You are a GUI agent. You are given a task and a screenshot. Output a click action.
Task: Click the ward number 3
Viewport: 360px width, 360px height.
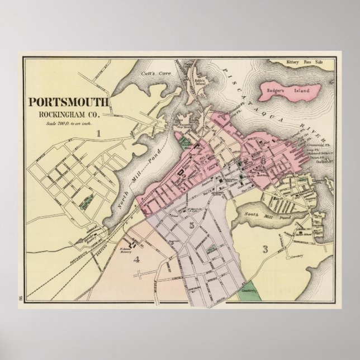266,249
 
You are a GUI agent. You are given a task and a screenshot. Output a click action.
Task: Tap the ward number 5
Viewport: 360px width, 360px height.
191,226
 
